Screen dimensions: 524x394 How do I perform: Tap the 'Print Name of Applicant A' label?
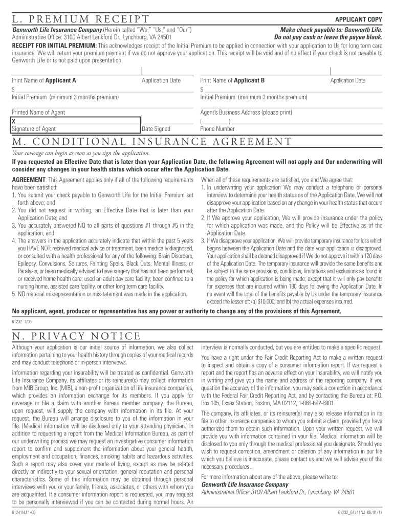coord(44,80)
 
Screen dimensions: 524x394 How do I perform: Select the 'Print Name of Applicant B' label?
coord(232,80)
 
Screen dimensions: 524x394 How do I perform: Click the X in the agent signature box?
coord(14,121)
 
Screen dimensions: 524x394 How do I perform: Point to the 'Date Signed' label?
coord(156,129)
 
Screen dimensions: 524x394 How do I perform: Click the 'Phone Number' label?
coord(217,129)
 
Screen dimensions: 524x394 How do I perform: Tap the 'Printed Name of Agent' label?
coord(38,112)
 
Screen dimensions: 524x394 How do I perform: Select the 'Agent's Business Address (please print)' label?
coord(246,112)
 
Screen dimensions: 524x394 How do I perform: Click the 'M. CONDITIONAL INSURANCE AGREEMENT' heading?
coord(152,142)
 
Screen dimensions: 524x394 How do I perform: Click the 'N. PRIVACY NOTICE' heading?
coord(76,336)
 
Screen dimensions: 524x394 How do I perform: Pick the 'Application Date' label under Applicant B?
coord(348,80)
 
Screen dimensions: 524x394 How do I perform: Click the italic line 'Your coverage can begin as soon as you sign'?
coord(81,153)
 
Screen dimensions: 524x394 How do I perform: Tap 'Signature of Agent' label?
coord(34,129)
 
